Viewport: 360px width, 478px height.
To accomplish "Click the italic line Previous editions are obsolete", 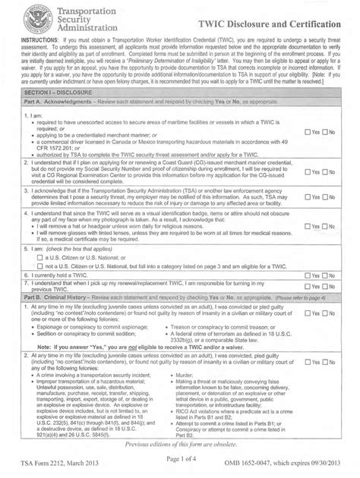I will point(180,444).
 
